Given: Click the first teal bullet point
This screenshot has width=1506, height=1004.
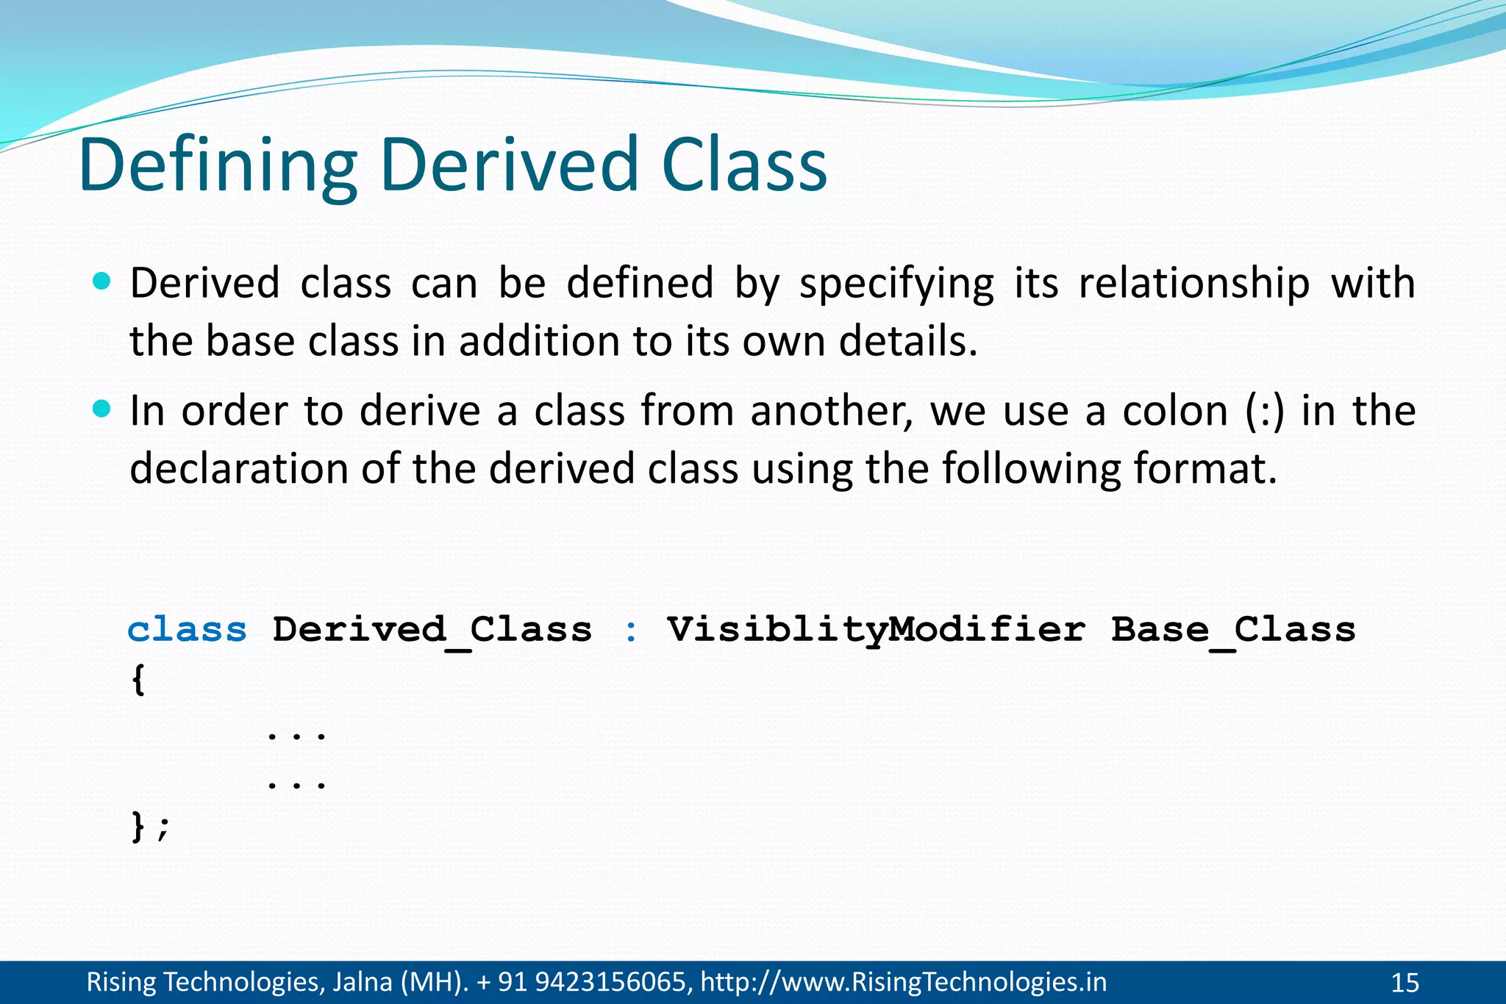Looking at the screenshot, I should click(x=102, y=281).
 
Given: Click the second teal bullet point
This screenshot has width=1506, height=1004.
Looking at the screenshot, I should click(x=102, y=409).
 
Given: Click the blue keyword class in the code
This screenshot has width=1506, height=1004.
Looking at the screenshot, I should click(x=188, y=630).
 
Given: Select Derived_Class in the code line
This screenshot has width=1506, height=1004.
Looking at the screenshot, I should click(x=432, y=630).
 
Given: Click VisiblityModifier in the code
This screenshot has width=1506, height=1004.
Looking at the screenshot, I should click(x=876, y=630).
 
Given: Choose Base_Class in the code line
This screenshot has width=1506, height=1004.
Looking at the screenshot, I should click(x=1233, y=630).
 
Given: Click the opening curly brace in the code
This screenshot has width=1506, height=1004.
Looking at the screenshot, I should click(x=138, y=680).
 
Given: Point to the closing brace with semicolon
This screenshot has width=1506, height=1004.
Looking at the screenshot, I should click(x=150, y=827).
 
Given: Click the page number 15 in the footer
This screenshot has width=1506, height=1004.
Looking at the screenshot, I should click(x=1405, y=983).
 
